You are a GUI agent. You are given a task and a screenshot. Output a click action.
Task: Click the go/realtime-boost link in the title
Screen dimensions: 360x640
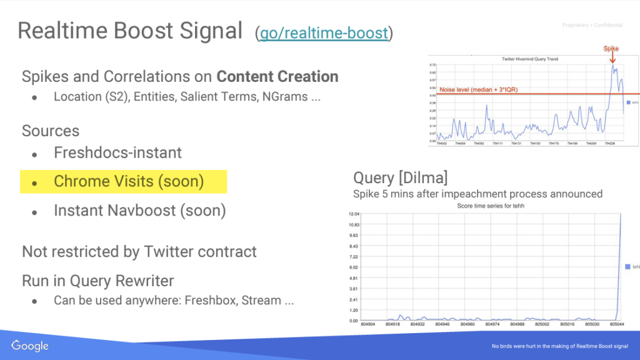(x=324, y=32)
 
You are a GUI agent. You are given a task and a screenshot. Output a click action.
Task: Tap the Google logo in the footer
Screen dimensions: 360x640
(x=29, y=346)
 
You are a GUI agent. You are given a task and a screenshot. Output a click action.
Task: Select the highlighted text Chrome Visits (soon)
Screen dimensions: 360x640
(x=129, y=181)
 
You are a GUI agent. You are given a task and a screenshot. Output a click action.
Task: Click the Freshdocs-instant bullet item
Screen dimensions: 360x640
(x=117, y=152)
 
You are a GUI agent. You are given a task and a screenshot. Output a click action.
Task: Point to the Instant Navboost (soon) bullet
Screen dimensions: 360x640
(x=139, y=211)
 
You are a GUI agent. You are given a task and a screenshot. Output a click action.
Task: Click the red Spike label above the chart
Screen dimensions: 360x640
(x=611, y=48)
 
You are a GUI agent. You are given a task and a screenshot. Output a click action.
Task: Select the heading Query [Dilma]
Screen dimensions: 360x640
(x=400, y=177)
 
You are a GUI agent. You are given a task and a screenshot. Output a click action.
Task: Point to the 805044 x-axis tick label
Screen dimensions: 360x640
(x=617, y=324)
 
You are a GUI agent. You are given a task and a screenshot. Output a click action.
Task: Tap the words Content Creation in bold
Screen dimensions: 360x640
(x=277, y=77)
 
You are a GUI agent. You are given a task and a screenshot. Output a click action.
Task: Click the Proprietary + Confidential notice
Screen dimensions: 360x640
(x=592, y=26)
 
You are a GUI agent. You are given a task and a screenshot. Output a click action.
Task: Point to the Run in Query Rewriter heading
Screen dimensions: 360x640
(x=98, y=281)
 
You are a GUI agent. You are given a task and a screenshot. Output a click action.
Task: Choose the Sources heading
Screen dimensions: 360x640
(x=51, y=131)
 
